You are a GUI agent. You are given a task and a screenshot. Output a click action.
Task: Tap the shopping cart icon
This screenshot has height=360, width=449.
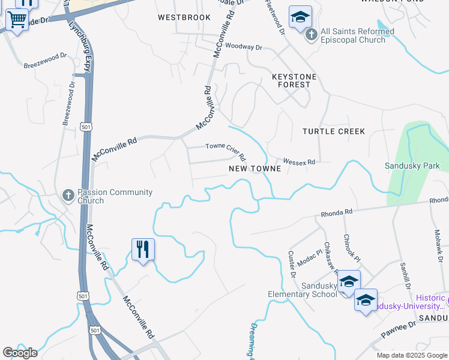pyautogui.click(x=17, y=20)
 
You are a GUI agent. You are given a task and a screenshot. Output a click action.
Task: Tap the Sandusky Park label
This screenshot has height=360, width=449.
pyautogui.click(x=412, y=166)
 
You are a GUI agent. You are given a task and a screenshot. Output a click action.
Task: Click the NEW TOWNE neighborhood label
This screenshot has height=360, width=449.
pyautogui.click(x=255, y=169)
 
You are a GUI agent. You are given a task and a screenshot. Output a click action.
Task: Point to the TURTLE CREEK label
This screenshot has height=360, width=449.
pyautogui.click(x=334, y=131)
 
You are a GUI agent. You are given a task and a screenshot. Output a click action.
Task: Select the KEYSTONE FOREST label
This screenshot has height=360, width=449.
pyautogui.click(x=294, y=81)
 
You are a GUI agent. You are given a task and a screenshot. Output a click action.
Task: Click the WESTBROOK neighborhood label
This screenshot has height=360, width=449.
pyautogui.click(x=184, y=18)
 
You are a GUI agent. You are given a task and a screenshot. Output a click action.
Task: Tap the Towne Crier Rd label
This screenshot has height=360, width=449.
pyautogui.click(x=226, y=150)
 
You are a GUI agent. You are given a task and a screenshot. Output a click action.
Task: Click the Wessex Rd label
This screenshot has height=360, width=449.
pyautogui.click(x=299, y=162)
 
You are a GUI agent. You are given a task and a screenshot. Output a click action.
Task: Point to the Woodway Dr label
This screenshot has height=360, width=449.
pyautogui.click(x=244, y=47)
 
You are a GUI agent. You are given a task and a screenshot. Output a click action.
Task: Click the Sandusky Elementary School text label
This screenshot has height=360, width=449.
pyautogui.click(x=303, y=290)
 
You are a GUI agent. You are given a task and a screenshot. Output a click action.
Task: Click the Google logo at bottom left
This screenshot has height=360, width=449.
pyautogui.click(x=20, y=353)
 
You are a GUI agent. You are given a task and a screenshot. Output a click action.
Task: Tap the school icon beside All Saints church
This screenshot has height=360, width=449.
pyautogui.click(x=300, y=17)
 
